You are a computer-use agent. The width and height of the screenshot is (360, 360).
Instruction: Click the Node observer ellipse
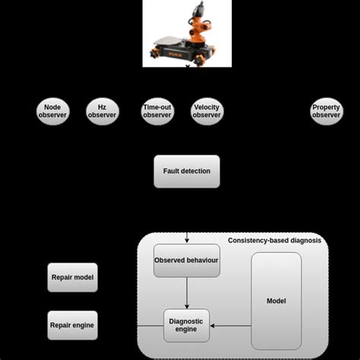[52, 111]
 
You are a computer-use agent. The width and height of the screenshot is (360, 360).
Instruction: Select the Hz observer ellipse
[103, 111]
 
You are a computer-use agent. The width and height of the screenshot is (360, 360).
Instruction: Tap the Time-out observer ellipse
[157, 111]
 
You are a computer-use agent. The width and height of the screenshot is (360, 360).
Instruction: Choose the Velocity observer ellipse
[207, 111]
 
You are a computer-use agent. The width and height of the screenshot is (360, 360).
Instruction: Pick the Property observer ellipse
[326, 111]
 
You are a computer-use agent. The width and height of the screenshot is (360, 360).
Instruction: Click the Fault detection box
[186, 171]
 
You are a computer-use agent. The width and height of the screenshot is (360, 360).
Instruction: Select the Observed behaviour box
[186, 261]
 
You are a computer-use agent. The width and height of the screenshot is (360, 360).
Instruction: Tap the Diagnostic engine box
[186, 325]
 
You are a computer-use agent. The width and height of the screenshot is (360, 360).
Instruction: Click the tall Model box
[276, 301]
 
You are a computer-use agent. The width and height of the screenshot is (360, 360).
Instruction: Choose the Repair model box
[72, 278]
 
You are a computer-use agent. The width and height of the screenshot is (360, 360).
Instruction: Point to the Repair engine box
[72, 325]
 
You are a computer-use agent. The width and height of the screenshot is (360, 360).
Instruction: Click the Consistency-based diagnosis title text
[274, 241]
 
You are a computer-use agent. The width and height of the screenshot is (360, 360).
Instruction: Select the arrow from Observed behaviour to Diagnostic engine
[186, 292]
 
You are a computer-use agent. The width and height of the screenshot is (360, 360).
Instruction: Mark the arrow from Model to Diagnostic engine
[230, 326]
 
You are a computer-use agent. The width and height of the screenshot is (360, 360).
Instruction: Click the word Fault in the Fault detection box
[174, 171]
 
